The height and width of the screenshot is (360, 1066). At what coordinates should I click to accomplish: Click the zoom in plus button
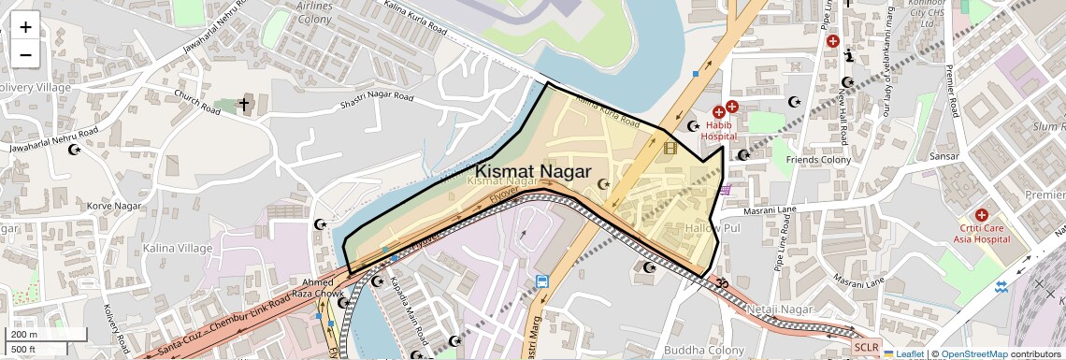point(25,27)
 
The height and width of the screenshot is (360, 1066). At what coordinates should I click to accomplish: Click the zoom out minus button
point(25,54)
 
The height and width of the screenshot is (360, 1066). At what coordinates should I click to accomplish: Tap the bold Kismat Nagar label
point(533,171)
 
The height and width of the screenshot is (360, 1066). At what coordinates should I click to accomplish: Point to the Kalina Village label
point(178,249)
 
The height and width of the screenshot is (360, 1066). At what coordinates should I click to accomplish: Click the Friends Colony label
point(817,160)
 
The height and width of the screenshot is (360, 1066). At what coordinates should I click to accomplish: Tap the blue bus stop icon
point(541,281)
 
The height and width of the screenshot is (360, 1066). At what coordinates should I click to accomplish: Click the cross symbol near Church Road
point(245,105)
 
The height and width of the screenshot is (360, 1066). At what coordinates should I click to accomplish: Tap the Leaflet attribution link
point(903,354)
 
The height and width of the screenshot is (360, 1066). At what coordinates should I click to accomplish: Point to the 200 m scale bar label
point(24,334)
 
